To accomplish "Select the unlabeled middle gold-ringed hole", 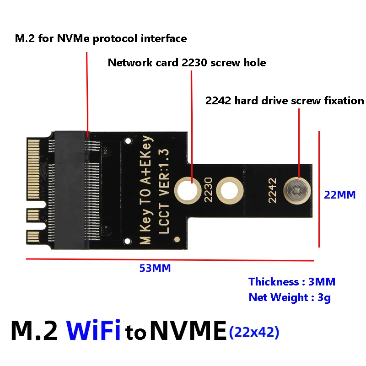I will click(x=230, y=189).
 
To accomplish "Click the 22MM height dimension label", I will click(x=339, y=194).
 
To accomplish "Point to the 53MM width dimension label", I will click(x=155, y=268).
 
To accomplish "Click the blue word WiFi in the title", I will click(x=93, y=330).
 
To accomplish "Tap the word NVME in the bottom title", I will click(x=188, y=330).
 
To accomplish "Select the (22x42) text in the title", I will click(x=254, y=333).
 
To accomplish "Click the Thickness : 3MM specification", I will click(x=292, y=282).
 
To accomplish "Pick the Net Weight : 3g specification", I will click(x=290, y=297).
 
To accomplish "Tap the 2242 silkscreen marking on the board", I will click(x=272, y=189).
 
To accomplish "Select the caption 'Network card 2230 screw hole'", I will click(x=187, y=63).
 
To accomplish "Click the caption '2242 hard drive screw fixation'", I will click(x=285, y=101).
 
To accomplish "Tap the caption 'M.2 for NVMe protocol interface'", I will click(x=101, y=38).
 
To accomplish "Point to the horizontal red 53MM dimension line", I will click(x=169, y=260).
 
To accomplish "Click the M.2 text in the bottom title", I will click(x=34, y=330).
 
